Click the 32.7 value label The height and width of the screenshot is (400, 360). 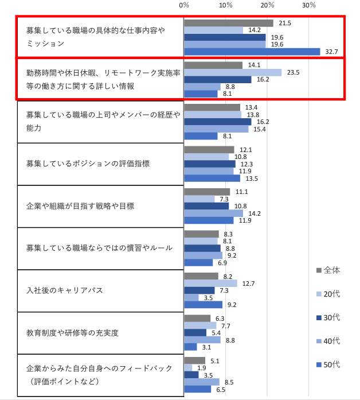click(x=330, y=52)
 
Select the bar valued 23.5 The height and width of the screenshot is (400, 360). click(x=233, y=72)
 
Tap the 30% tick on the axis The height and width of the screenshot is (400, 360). click(x=309, y=5)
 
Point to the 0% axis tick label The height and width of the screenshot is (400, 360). click(x=184, y=5)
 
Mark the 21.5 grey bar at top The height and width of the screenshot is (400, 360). click(x=228, y=23)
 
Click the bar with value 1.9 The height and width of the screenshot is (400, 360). click(x=188, y=368)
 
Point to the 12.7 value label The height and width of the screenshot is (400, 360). click(x=248, y=283)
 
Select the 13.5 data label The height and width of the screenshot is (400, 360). click(x=251, y=178)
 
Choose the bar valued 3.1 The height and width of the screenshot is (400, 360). click(x=190, y=347)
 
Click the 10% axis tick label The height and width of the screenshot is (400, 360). click(x=226, y=5)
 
